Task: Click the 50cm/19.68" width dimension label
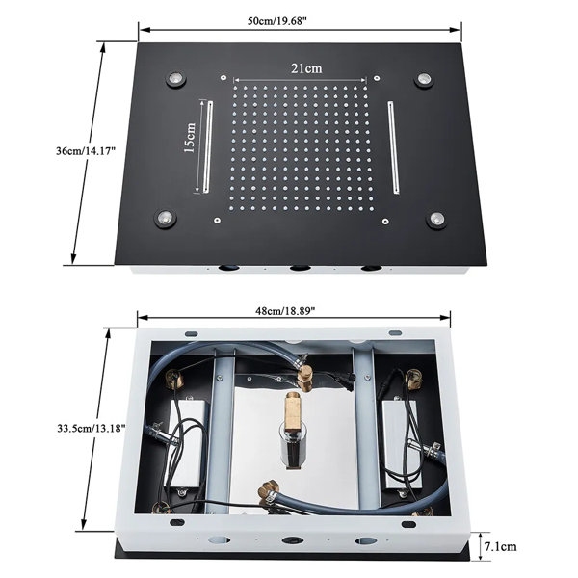point(277,21)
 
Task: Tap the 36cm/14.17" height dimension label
point(86,151)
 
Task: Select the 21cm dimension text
point(306,68)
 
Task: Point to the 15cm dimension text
point(189,138)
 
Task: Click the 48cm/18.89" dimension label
point(285,311)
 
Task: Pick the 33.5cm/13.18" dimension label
point(92,428)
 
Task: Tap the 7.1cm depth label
point(500,546)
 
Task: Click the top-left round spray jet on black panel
point(176,79)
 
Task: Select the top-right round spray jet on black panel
point(424,80)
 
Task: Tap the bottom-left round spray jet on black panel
point(165,219)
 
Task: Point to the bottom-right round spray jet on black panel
point(437,220)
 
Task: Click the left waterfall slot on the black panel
point(208,146)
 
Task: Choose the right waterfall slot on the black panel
point(393,147)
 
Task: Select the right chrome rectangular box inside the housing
point(399,444)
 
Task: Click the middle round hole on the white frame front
point(293,540)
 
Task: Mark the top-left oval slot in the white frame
point(192,334)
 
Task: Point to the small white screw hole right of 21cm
point(377,78)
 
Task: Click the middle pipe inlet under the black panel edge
point(300,269)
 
